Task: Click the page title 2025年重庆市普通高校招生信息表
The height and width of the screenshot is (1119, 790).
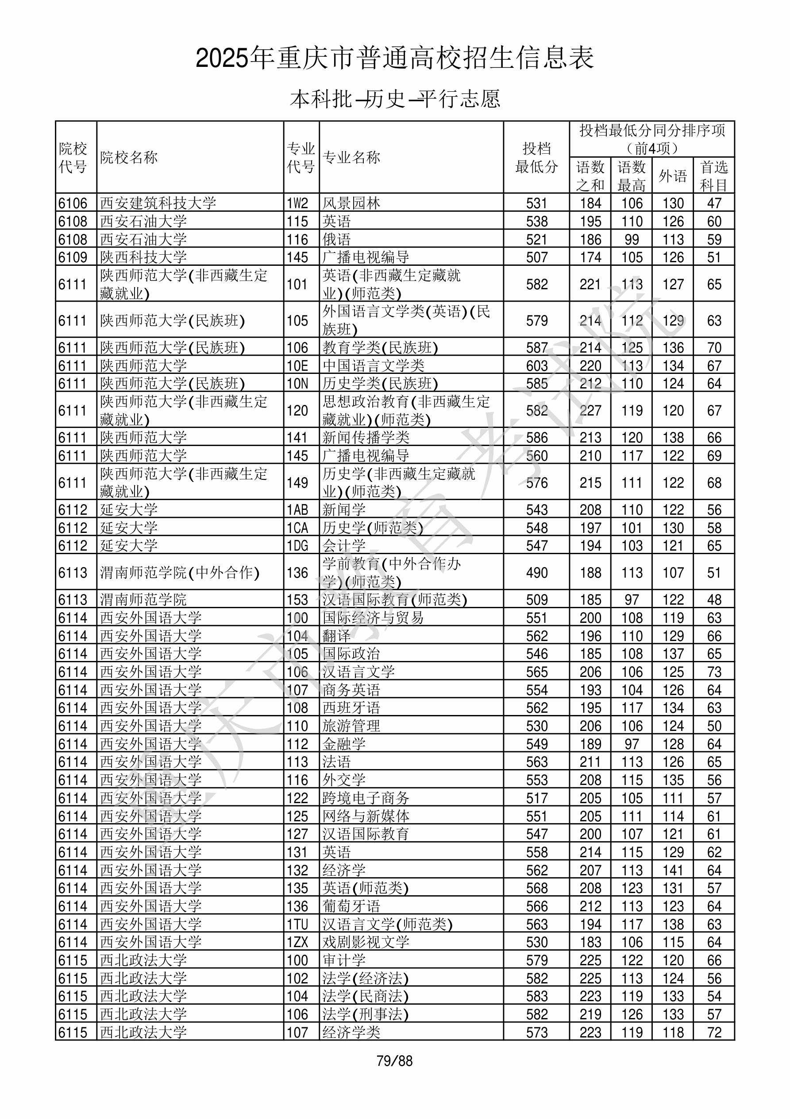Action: coord(394,58)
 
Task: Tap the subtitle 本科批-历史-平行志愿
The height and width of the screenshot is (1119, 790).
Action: coord(394,99)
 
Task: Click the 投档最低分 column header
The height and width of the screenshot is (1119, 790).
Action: coord(536,157)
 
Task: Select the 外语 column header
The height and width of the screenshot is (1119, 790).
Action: coord(673,175)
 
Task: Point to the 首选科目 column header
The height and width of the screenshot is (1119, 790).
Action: coord(713,175)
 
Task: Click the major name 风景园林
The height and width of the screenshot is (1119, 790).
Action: coord(351,203)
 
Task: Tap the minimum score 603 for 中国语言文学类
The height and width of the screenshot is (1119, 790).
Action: coord(537,365)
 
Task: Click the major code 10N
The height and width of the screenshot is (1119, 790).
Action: coord(297,384)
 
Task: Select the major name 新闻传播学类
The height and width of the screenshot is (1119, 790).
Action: coord(366,437)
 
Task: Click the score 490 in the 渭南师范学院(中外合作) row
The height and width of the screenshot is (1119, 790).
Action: coord(537,572)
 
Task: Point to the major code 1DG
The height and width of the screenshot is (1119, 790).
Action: coord(297,545)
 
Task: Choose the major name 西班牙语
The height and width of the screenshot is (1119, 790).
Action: coord(351,707)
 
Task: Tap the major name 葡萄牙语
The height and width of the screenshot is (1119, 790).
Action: coord(351,905)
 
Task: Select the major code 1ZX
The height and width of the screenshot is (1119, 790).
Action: coord(297,942)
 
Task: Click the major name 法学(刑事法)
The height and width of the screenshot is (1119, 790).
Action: coord(365,1014)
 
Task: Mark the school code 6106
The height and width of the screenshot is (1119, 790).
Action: coord(73,203)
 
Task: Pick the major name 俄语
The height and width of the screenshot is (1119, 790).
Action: coord(336,239)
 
